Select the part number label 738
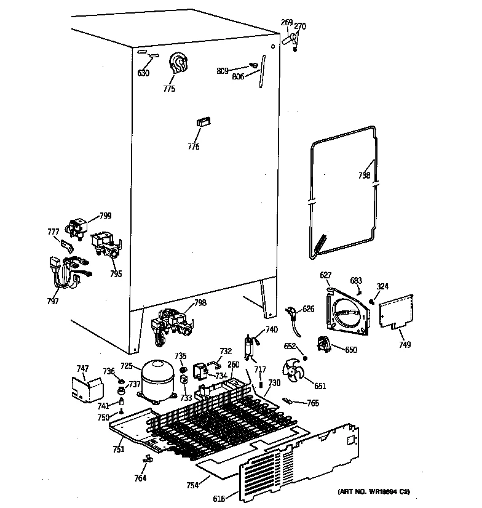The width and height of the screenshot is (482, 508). [364, 175]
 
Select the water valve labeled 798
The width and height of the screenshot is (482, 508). [170, 323]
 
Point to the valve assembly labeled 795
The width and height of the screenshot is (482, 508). [107, 244]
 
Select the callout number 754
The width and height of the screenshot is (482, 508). [193, 486]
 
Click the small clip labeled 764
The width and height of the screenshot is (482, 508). [146, 459]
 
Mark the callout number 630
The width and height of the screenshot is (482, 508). [143, 73]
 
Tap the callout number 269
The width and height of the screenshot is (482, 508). [286, 23]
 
